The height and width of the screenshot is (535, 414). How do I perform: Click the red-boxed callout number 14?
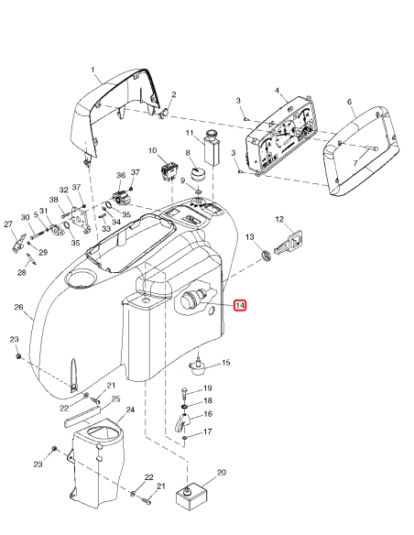coord(240,305)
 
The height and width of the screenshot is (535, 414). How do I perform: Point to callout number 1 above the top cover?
coord(93,70)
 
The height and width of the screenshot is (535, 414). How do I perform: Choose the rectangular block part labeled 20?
coord(192,496)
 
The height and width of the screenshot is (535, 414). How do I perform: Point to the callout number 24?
coord(129,409)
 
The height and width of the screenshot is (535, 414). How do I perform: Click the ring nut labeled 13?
coord(265,253)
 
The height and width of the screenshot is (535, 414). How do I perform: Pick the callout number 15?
coord(226,363)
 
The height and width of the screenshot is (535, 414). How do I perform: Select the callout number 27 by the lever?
coord(8,224)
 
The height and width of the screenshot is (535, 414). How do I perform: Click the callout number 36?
coord(120,175)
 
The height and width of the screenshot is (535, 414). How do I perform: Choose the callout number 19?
coord(207,388)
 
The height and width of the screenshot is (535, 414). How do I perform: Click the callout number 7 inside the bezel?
coord(357,163)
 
